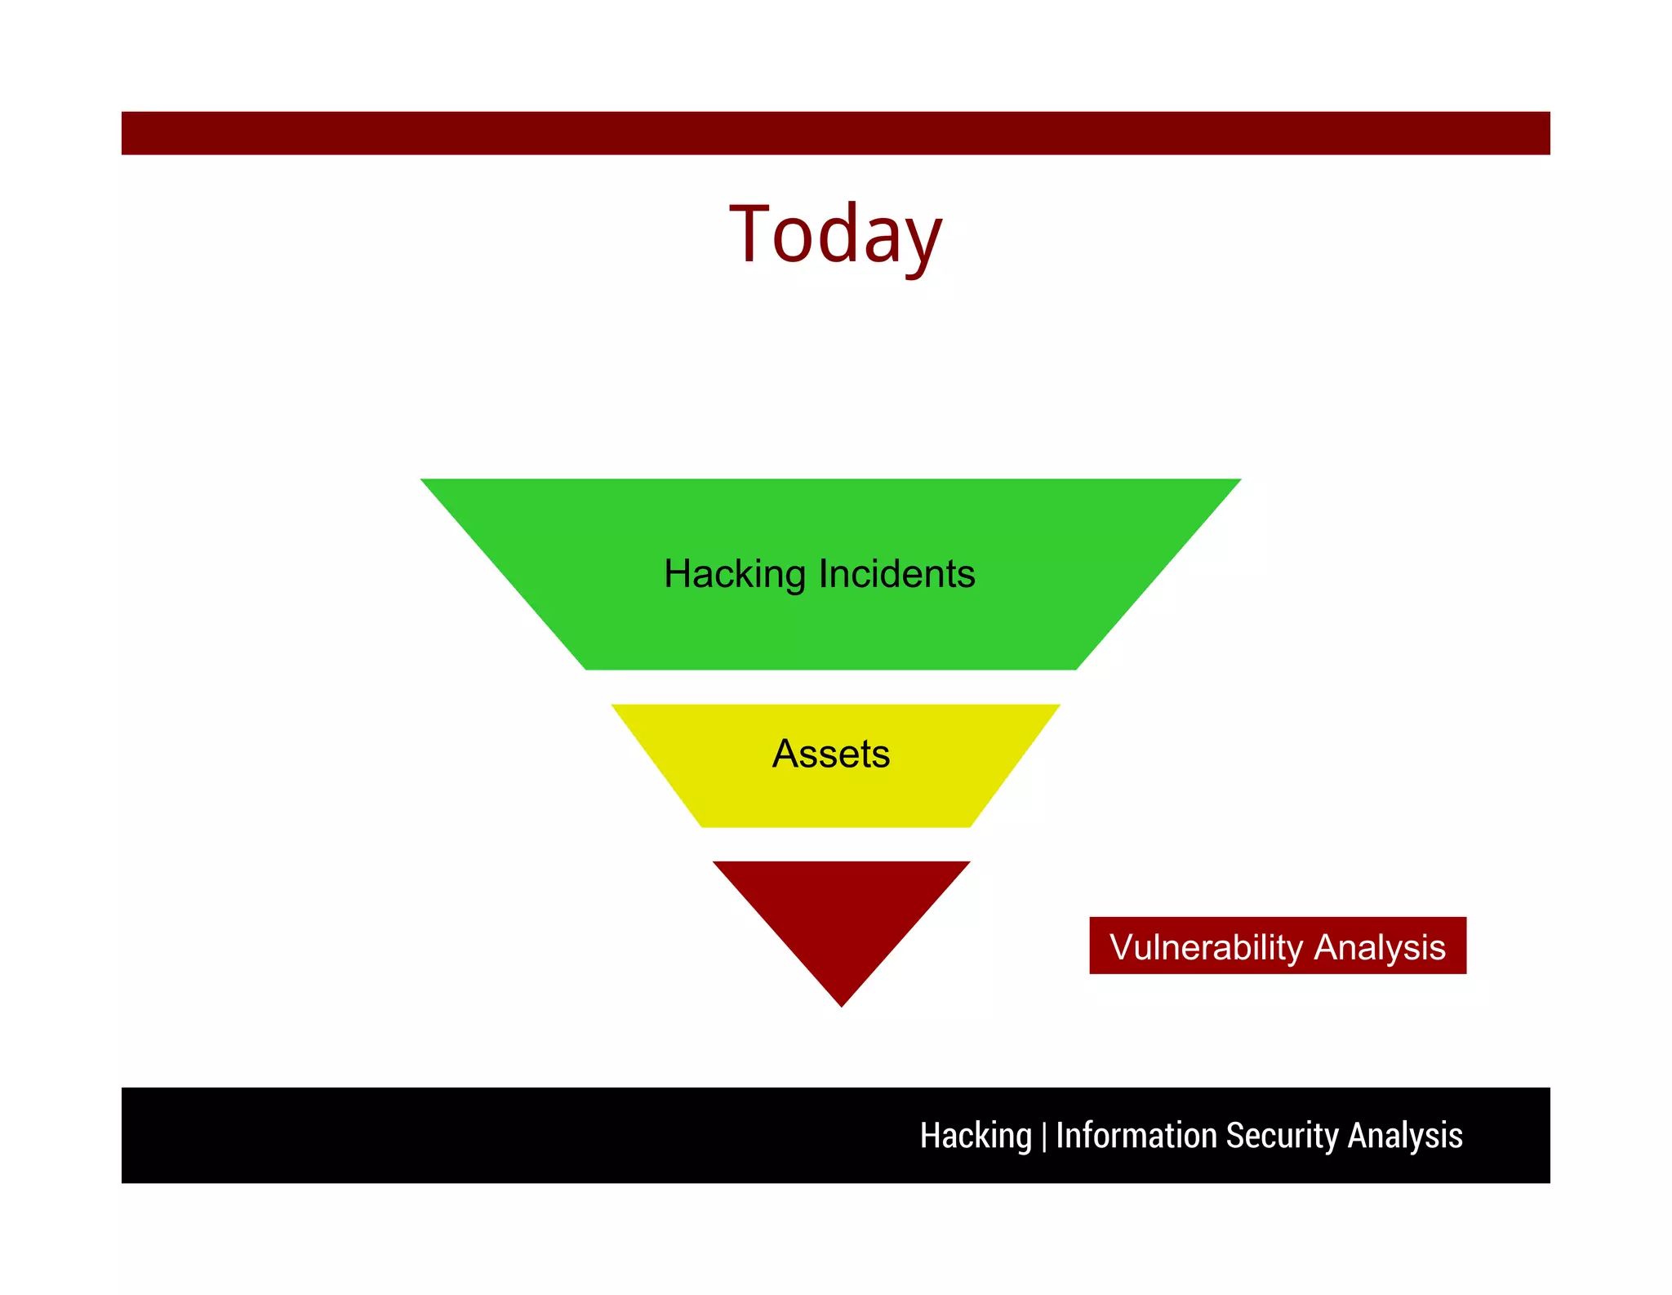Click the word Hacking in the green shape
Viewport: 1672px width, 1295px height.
[735, 574]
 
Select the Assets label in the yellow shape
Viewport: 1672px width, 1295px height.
[831, 754]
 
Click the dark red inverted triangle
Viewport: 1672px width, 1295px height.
[841, 915]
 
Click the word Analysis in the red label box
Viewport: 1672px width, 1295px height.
[1380, 947]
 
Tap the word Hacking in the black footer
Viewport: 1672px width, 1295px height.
[976, 1136]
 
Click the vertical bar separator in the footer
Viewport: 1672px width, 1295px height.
[1044, 1137]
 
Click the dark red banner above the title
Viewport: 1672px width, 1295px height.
[835, 133]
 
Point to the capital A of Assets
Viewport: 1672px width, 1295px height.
[785, 754]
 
